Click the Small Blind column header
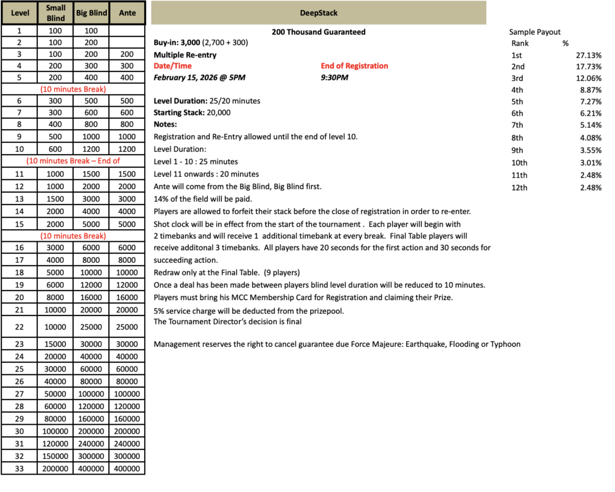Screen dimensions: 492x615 tap(55, 13)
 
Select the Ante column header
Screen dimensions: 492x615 tap(127, 13)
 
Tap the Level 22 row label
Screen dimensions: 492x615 tap(19, 327)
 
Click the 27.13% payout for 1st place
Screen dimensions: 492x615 tap(588, 55)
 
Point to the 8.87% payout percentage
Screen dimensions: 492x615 tap(591, 89)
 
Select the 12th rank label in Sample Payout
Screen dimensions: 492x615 tap(519, 188)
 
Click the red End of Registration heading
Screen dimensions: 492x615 tap(354, 66)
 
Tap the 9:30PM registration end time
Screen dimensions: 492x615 tap(335, 77)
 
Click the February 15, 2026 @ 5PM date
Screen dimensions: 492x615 tap(199, 77)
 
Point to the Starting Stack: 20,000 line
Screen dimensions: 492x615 tap(192, 112)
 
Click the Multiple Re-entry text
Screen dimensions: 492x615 tap(185, 55)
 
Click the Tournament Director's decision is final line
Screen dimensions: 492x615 tap(228, 322)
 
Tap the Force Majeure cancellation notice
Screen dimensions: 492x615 tap(337, 344)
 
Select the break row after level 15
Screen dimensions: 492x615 tap(73, 236)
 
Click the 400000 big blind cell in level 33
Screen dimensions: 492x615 tap(91, 469)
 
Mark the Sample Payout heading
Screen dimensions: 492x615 tap(535, 32)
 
